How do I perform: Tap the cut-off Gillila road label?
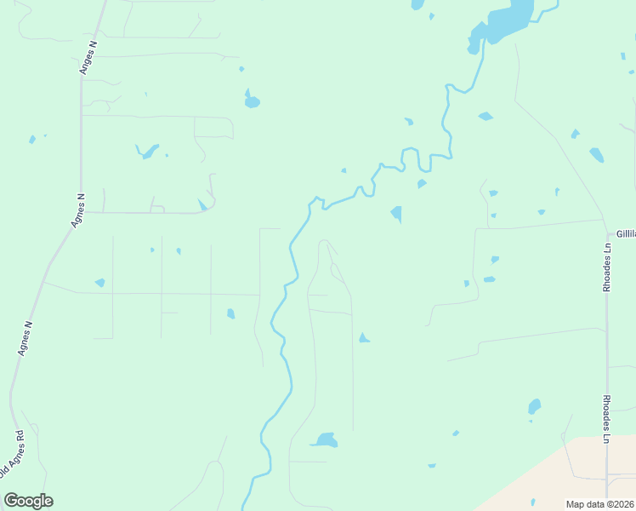pyautogui.click(x=626, y=233)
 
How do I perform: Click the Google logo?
pyautogui.click(x=28, y=501)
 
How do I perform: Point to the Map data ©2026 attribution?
pyautogui.click(x=600, y=504)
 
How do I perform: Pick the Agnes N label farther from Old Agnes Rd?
pyautogui.click(x=78, y=210)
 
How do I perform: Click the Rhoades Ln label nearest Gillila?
pyautogui.click(x=607, y=268)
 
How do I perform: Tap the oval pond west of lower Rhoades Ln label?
pyautogui.click(x=534, y=406)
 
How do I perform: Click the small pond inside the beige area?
pyautogui.click(x=533, y=502)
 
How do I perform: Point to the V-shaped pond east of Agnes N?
pyautogui.click(x=148, y=152)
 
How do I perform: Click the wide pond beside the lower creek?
pyautogui.click(x=324, y=440)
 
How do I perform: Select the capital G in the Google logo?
pyautogui.click(x=12, y=501)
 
